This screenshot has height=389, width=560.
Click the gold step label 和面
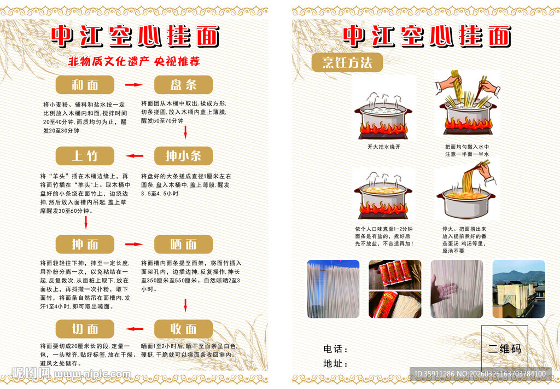click(85, 85)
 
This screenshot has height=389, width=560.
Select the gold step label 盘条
click(183, 85)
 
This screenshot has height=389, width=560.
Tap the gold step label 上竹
click(85, 156)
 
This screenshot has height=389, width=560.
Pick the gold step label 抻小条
click(183, 156)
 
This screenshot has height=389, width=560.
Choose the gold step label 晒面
click(183, 244)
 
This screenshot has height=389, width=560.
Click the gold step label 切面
click(85, 329)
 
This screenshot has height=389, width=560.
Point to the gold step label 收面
click(183, 329)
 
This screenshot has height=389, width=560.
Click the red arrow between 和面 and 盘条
click(134, 85)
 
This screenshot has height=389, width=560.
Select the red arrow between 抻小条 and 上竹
click(134, 156)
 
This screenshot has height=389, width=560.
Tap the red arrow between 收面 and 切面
click(134, 329)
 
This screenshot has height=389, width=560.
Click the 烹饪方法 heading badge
click(347, 62)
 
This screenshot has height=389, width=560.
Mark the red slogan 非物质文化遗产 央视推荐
click(134, 61)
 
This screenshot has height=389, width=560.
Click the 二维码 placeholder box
click(504, 348)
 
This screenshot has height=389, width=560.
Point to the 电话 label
click(336, 349)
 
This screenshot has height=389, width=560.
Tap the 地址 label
click(336, 363)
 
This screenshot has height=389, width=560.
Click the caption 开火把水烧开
click(384, 147)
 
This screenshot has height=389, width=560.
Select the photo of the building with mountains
click(518, 289)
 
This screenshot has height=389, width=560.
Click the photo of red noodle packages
click(395, 289)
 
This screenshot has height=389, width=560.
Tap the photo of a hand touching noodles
click(457, 289)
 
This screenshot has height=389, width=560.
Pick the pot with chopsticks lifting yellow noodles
click(466, 191)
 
